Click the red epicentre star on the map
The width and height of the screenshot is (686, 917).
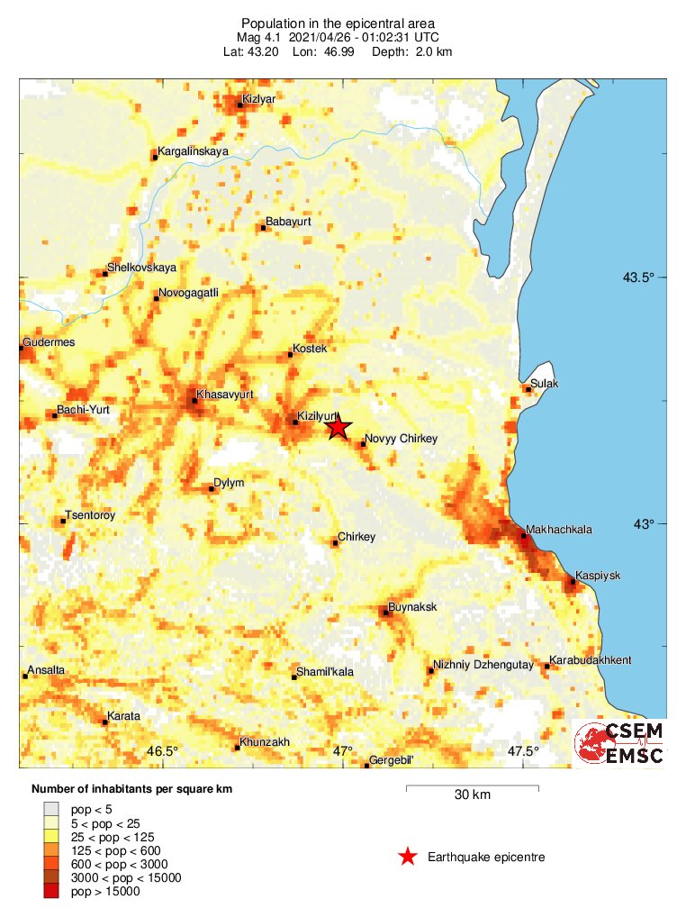pos(338,426)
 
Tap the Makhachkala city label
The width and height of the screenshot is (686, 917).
pos(558,530)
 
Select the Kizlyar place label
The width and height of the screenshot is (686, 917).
pos(259,98)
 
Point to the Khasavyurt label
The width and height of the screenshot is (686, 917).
pos(225,395)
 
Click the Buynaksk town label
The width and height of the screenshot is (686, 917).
pos(412,606)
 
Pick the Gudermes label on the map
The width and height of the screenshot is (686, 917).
pos(50,342)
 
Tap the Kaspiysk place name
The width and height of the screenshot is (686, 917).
pos(599,575)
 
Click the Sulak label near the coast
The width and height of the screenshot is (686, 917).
pos(546,384)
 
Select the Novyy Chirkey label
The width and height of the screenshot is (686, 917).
pos(401,439)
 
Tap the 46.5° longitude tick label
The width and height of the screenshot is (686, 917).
pos(163,751)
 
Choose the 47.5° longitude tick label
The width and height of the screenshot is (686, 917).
pos(524,751)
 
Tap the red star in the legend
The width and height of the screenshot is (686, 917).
pos(408,857)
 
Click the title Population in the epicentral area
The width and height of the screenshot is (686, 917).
pos(338,23)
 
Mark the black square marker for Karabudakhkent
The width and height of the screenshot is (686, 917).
pos(547,667)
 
